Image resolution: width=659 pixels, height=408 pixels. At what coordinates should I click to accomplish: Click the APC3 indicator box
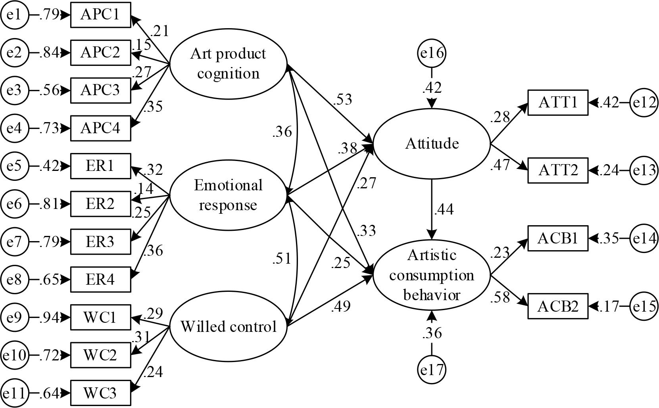click(x=100, y=90)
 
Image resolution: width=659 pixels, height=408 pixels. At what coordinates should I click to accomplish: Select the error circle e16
click(x=432, y=53)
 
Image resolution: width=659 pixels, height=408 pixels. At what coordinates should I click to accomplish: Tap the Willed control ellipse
click(x=228, y=326)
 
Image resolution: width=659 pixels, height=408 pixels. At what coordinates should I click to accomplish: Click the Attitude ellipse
click(x=432, y=144)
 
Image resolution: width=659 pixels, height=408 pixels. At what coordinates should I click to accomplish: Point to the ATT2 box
click(x=558, y=170)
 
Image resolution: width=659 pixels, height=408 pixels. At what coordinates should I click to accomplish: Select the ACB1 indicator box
click(x=558, y=238)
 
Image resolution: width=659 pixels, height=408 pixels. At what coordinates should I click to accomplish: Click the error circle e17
click(x=432, y=370)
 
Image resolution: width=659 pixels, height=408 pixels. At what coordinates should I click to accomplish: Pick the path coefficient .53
click(x=343, y=100)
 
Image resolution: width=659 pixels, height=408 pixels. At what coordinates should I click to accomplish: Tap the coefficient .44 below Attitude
click(x=444, y=209)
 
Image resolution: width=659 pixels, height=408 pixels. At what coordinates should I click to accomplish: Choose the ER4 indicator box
click(x=100, y=280)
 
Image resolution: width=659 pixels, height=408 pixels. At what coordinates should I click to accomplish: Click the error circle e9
click(x=14, y=317)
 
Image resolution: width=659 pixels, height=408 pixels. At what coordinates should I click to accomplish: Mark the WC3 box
click(x=100, y=393)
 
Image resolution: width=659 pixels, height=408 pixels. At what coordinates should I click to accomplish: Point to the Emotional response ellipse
click(x=228, y=195)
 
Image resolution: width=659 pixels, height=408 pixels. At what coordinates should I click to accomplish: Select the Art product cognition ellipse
click(x=228, y=63)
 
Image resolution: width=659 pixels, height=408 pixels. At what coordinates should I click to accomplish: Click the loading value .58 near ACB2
click(x=500, y=297)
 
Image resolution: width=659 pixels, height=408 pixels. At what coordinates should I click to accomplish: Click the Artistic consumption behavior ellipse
click(x=432, y=275)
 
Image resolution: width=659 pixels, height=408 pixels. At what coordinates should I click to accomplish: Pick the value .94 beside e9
click(x=48, y=318)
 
